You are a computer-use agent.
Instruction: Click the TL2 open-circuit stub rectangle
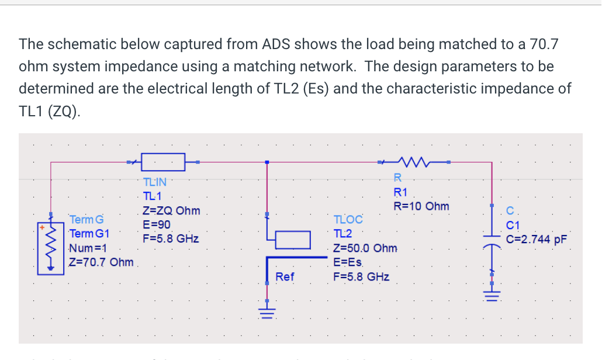292,239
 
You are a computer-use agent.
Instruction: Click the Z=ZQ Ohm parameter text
171,210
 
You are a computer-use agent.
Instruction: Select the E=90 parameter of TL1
156,224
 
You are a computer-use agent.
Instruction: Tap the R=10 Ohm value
421,206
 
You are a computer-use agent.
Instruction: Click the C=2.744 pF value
537,239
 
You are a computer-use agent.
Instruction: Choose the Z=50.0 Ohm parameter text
365,248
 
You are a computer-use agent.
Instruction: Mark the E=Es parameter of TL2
348,262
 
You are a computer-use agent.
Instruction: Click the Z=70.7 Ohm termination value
101,262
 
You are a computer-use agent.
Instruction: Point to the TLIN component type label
154,182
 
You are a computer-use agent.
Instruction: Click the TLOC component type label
348,220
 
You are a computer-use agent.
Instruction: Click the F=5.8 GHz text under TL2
361,276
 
